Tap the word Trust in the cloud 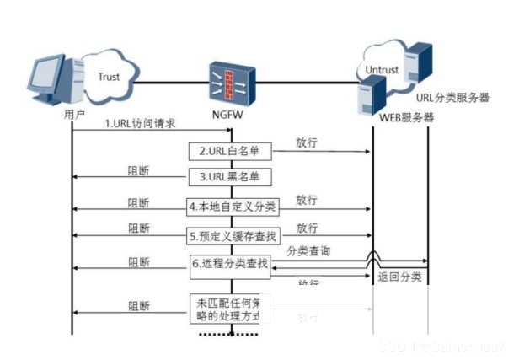click(109, 77)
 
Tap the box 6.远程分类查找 click(229, 264)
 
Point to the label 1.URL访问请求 click(140, 124)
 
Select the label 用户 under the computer click(74, 114)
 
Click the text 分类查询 click(308, 252)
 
